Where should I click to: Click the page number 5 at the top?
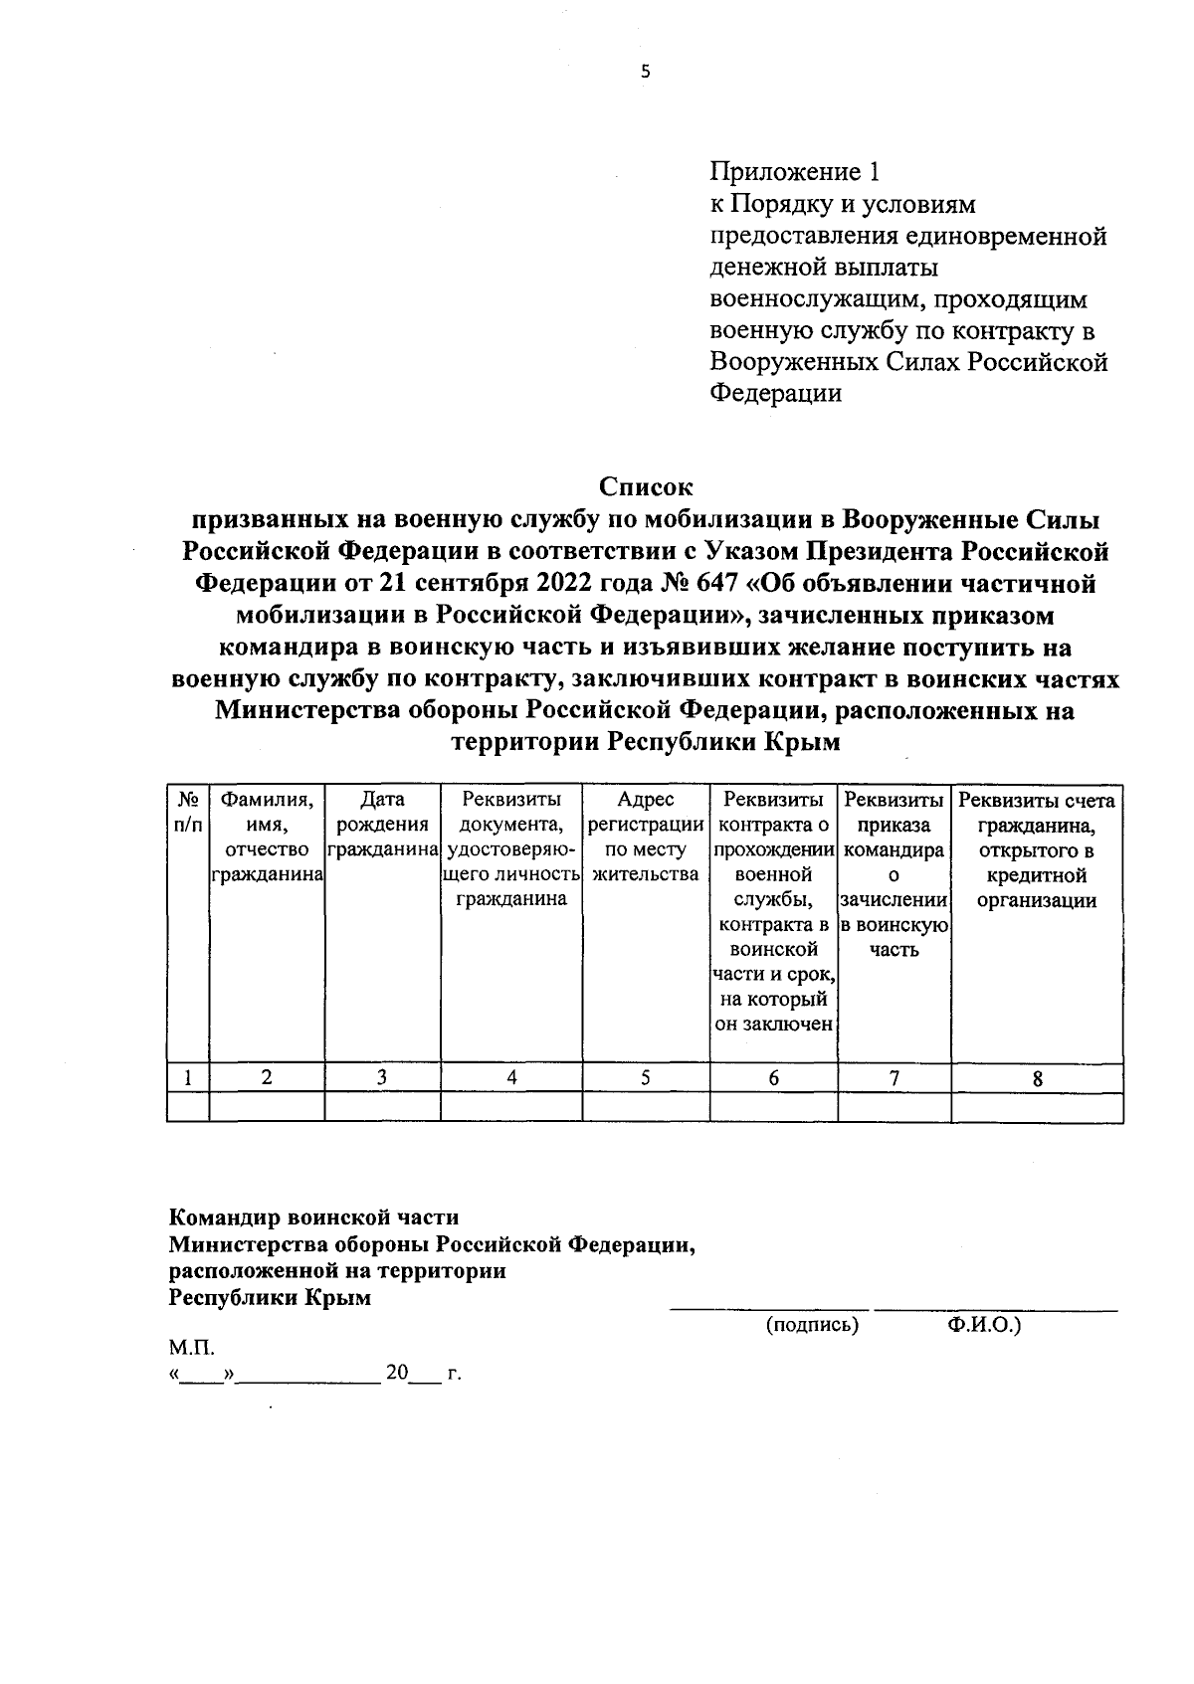(645, 71)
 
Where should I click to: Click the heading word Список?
(645, 487)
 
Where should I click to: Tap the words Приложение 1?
(795, 172)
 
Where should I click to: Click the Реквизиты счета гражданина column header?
(1037, 850)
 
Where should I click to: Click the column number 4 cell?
(511, 1078)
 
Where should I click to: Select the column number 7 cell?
(895, 1078)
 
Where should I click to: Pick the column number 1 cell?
(188, 1078)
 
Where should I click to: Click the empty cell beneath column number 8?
(1037, 1107)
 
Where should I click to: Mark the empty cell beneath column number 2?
(267, 1107)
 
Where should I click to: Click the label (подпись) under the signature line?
(812, 1326)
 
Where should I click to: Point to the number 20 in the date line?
(397, 1374)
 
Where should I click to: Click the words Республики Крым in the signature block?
(270, 1298)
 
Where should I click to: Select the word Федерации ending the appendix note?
(775, 394)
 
